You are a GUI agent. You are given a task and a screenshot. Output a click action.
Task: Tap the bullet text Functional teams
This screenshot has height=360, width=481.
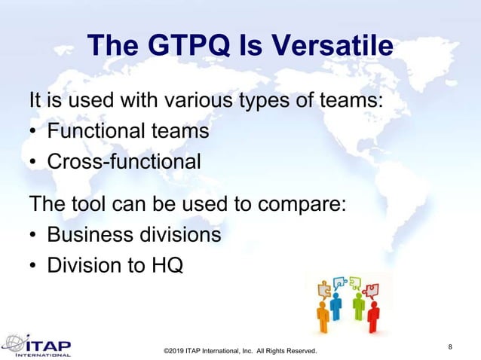click(127, 130)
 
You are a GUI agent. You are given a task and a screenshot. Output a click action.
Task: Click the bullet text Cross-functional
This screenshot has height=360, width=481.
click(124, 161)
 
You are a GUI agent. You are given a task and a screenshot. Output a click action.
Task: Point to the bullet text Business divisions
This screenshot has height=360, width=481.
click(134, 234)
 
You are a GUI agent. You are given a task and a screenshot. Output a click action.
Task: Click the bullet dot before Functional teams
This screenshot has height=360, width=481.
click(35, 132)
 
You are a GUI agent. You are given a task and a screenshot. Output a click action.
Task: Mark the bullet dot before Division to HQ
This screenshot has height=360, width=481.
click(35, 266)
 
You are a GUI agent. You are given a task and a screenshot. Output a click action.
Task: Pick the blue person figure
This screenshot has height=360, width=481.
click(336, 306)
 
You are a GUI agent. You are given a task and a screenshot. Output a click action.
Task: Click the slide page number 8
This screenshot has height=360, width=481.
click(450, 346)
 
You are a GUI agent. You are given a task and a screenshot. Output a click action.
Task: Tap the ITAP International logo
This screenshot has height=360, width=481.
click(38, 344)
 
